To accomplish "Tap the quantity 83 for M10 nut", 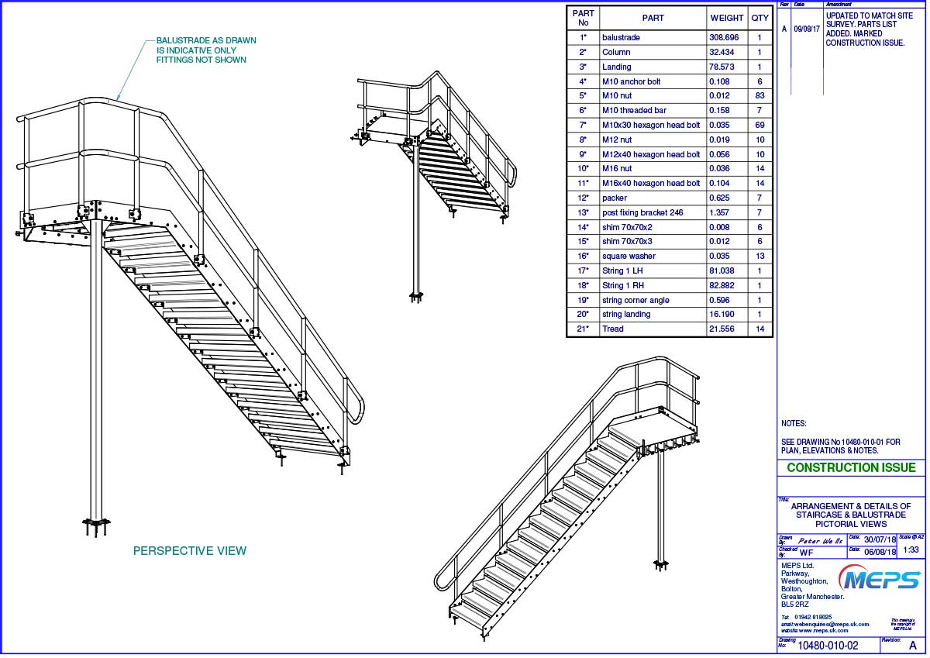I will coord(759,95).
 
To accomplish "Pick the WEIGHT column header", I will coord(728,18).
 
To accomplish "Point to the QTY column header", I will coord(759,18).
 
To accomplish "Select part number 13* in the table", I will coord(584,212).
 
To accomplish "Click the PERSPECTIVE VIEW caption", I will coord(190,551).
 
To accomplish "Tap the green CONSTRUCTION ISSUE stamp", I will coord(851,467).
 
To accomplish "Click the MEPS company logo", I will coord(882,579).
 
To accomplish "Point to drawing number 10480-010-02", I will coord(828,645).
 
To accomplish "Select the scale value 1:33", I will coord(911,549).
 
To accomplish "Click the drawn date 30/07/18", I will coord(879,539).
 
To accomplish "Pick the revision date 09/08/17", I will coord(807,29).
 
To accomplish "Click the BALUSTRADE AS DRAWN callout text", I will coord(206,50).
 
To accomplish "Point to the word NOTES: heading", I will coord(794,424).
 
